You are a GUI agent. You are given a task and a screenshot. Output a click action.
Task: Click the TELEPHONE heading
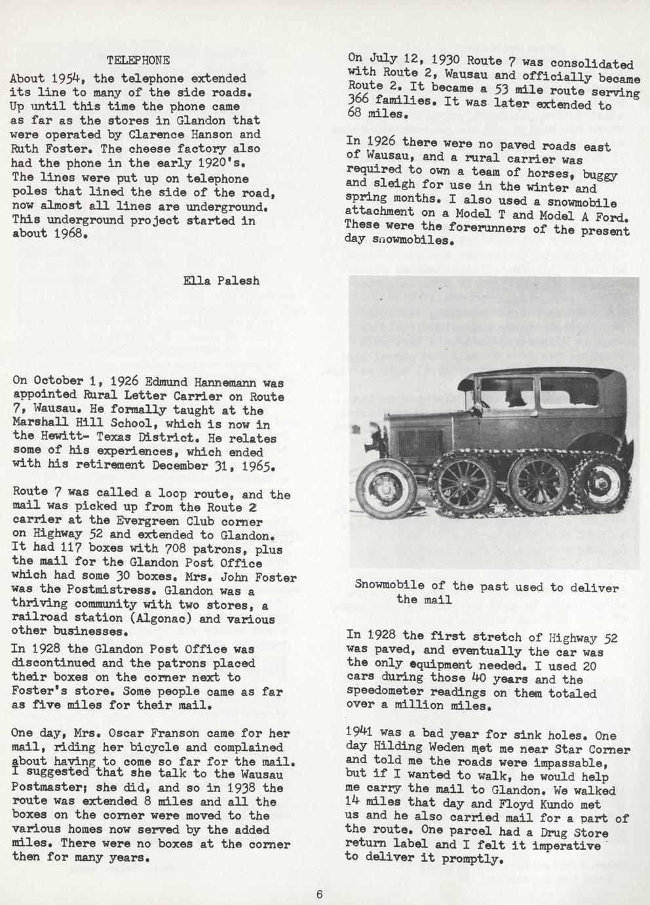pos(138,60)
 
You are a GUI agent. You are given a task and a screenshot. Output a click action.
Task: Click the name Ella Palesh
pos(221,281)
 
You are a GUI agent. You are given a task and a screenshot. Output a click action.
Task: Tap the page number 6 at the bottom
pos(319,895)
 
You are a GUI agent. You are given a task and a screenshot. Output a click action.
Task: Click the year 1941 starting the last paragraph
pos(361,734)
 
